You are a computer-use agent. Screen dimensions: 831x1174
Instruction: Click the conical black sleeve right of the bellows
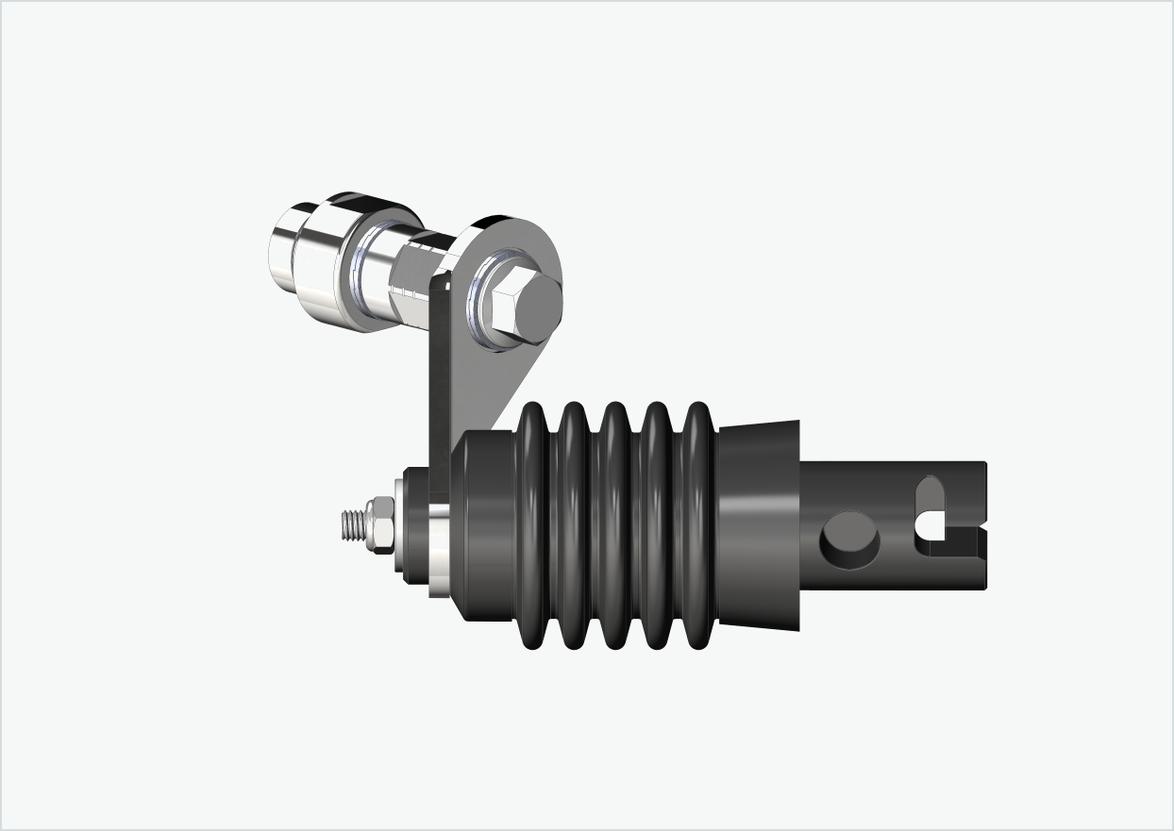click(x=759, y=526)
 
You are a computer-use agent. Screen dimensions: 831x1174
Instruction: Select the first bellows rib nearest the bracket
click(x=535, y=526)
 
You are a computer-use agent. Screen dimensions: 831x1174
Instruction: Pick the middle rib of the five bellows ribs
click(x=615, y=526)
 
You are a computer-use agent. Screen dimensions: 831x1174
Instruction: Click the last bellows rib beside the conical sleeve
click(x=696, y=526)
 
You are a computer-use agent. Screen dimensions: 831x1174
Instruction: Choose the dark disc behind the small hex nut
click(x=411, y=526)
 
